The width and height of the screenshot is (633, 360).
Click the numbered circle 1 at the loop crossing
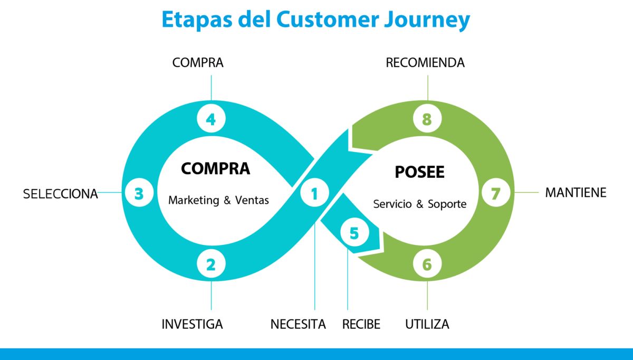click(x=314, y=194)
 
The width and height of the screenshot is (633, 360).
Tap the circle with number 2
click(x=211, y=264)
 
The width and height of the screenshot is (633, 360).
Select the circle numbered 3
click(x=139, y=194)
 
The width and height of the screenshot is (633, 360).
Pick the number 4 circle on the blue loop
click(x=211, y=120)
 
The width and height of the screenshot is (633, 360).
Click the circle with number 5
click(x=353, y=233)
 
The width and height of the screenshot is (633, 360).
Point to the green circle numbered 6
click(x=427, y=264)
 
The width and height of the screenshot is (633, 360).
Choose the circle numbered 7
click(x=495, y=194)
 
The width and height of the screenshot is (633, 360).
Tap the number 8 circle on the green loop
click(x=427, y=120)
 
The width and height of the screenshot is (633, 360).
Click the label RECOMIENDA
click(x=425, y=63)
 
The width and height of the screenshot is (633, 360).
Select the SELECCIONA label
click(x=61, y=194)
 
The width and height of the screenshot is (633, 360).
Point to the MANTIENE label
click(x=576, y=193)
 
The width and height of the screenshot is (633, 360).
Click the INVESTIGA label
click(x=192, y=324)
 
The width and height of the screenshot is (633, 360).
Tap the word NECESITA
click(x=298, y=324)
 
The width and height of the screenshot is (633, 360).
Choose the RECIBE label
click(x=361, y=324)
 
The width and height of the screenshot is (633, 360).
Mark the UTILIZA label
click(x=427, y=324)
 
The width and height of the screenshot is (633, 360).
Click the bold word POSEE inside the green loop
click(x=420, y=173)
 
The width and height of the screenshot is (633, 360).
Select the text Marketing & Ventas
click(x=218, y=201)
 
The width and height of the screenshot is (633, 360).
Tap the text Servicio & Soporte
click(x=420, y=204)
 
